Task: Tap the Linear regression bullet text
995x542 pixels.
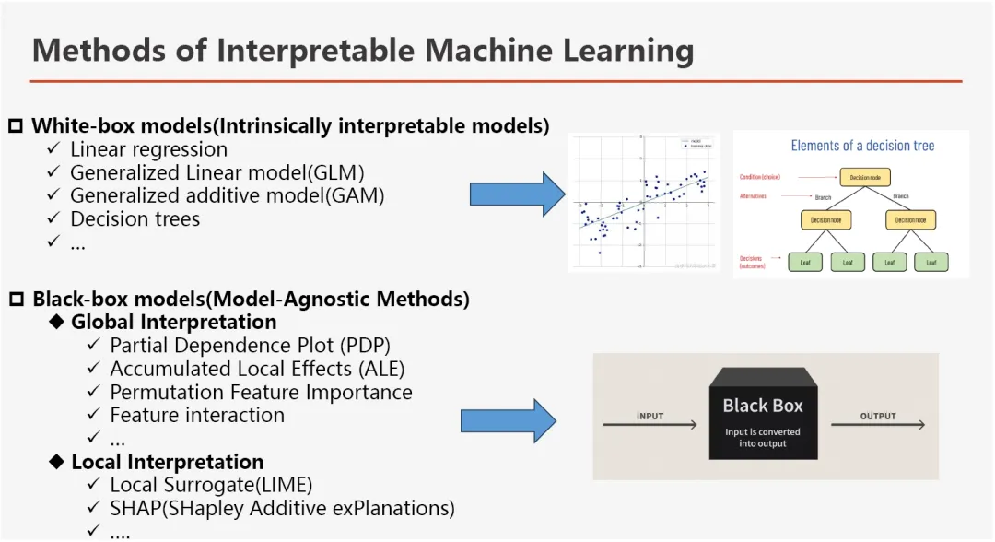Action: click(148, 149)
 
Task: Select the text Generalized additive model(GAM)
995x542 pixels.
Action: click(227, 195)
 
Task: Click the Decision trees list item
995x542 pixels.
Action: click(135, 218)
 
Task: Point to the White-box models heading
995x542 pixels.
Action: click(290, 125)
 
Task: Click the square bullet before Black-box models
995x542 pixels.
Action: click(16, 300)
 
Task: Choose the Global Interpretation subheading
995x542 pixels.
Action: click(173, 323)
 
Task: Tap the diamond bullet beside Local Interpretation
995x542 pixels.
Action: click(57, 462)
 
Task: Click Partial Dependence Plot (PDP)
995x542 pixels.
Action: click(250, 346)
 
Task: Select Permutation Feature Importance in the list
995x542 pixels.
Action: click(261, 392)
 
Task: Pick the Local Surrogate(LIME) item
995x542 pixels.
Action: click(211, 485)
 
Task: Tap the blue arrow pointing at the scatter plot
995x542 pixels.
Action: click(517, 194)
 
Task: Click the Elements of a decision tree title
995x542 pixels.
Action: click(861, 146)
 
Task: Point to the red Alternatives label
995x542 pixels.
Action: click(759, 195)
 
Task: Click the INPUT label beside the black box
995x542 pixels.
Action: click(650, 416)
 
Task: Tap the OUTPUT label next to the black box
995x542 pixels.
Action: click(877, 416)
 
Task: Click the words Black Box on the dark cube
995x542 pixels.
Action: click(762, 406)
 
